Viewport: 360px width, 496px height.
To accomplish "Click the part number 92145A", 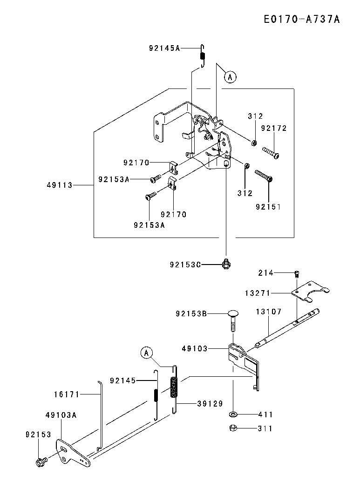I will tap(164, 48).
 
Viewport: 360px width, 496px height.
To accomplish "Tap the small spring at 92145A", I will tap(203, 56).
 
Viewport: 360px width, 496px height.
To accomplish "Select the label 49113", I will tap(60, 185).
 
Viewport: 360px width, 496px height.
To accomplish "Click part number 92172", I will tap(274, 128).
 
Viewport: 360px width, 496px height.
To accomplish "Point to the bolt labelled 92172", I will tap(271, 152).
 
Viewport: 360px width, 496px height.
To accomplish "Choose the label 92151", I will tap(268, 206).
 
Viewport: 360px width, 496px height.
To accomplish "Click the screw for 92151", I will tap(264, 176).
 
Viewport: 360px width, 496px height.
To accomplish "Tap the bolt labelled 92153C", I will tap(226, 264).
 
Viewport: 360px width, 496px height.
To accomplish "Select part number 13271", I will tap(257, 293).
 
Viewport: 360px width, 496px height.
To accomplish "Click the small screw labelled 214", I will tap(296, 273).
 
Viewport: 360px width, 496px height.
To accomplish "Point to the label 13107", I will tap(269, 312).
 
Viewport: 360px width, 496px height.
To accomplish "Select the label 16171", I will tap(67, 394).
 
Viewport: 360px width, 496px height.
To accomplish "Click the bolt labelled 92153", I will tap(41, 462).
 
